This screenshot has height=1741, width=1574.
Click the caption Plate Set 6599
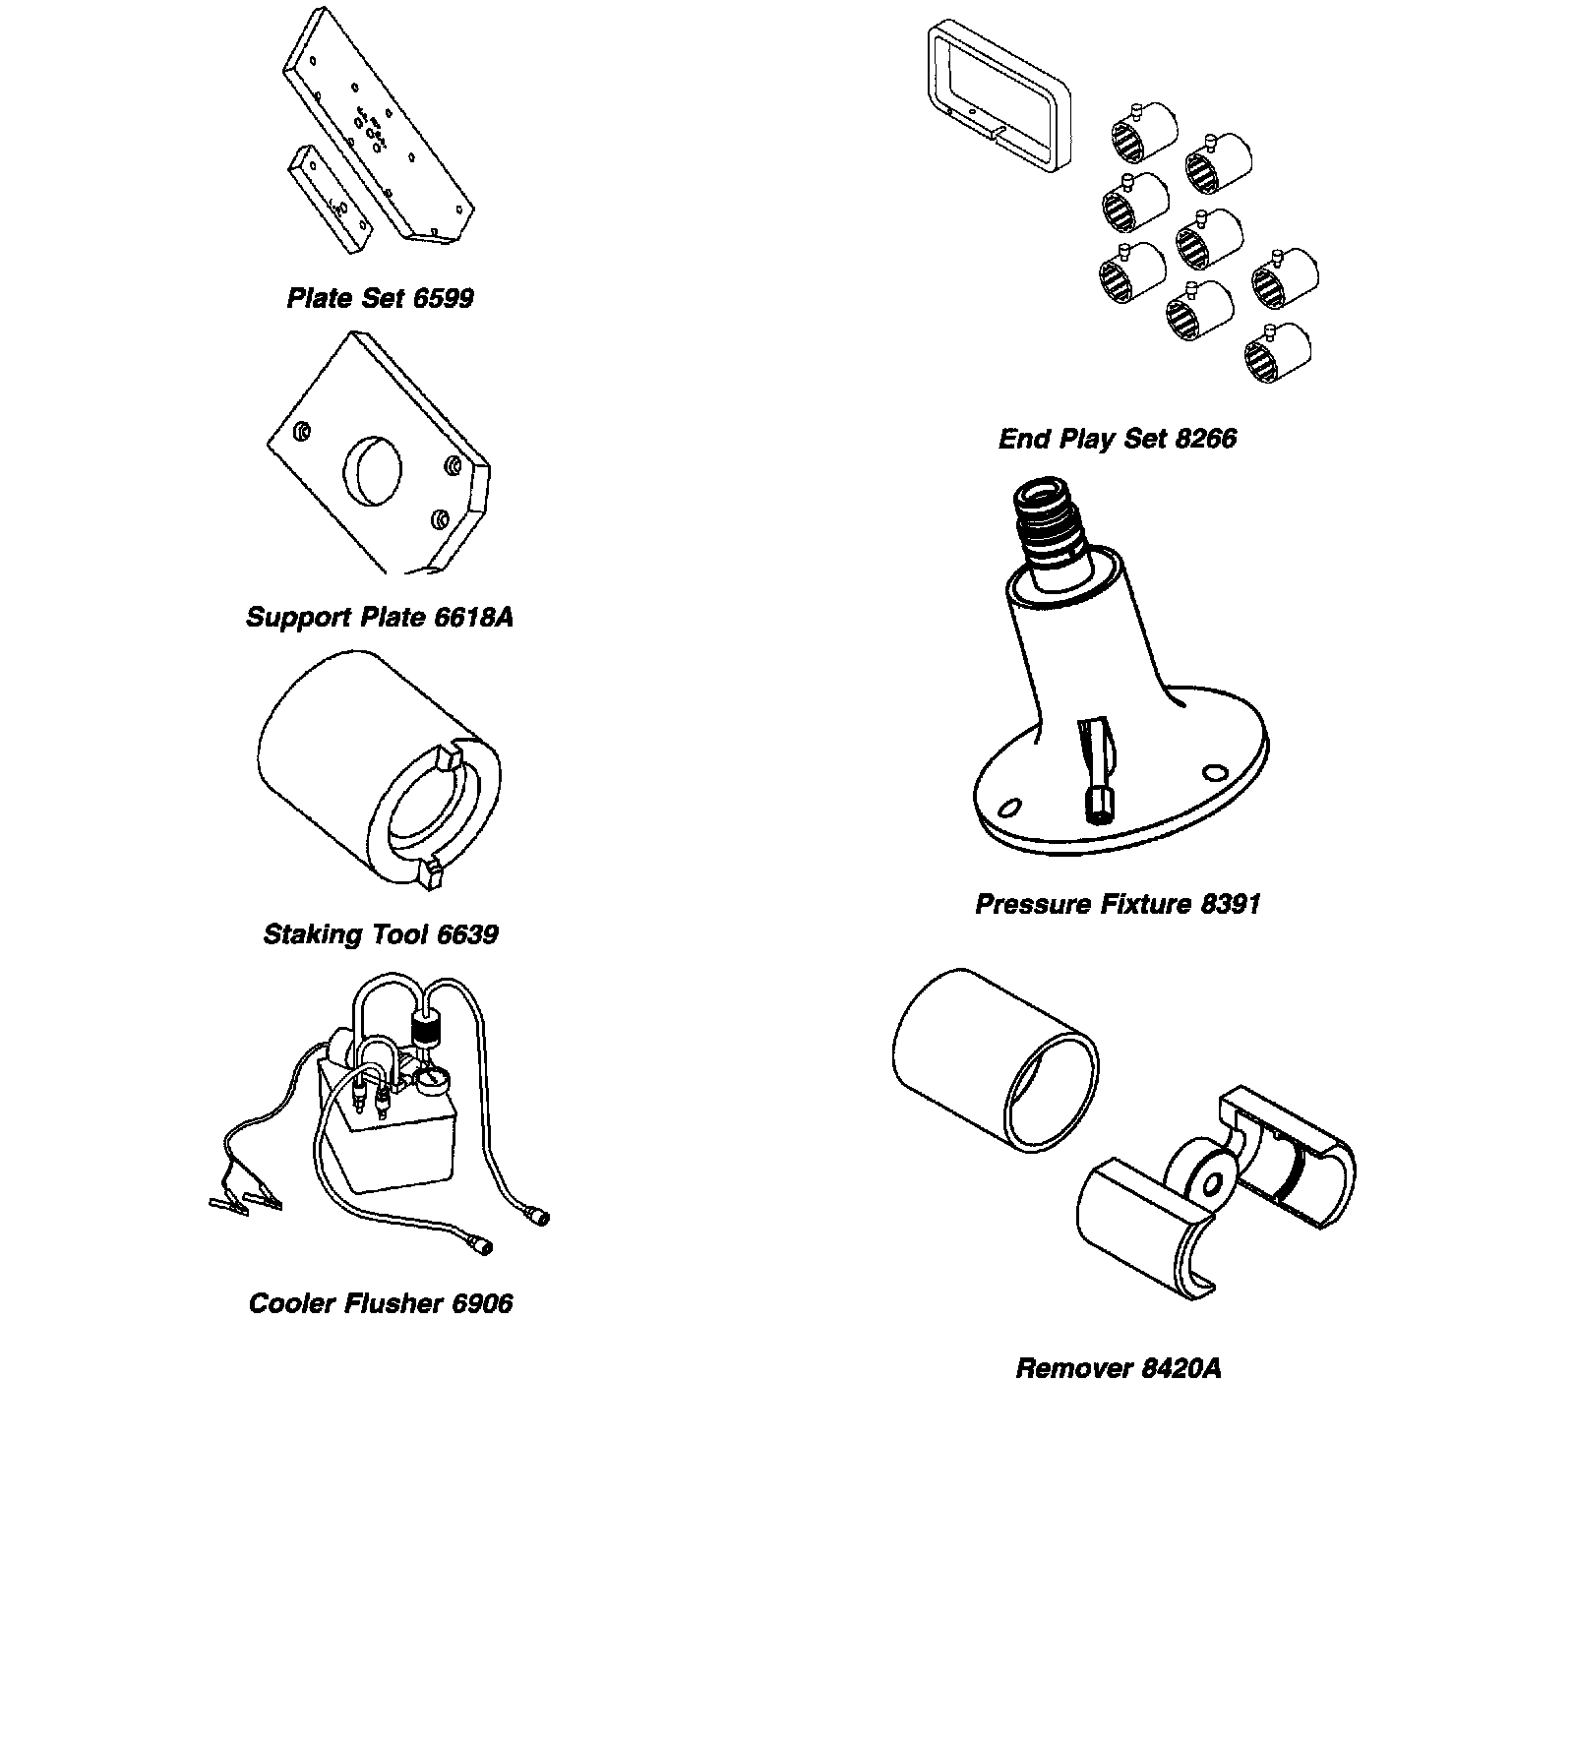[380, 299]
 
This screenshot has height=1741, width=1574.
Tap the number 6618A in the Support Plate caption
[474, 618]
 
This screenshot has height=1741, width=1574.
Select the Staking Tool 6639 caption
[380, 934]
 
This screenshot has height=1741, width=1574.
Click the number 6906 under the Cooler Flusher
[482, 1304]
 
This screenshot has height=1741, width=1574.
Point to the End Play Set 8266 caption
[1118, 439]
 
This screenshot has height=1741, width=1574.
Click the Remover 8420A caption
[1119, 1369]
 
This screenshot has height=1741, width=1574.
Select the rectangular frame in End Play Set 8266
[998, 96]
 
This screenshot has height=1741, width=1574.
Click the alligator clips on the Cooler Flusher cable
[246, 1201]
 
